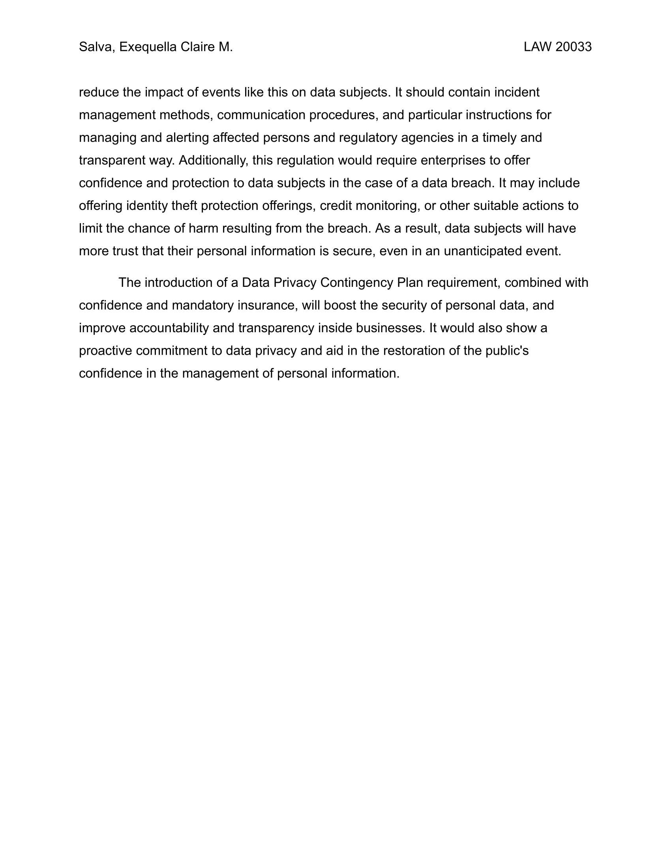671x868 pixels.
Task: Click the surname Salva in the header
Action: tap(96, 47)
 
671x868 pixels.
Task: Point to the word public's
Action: tap(507, 351)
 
